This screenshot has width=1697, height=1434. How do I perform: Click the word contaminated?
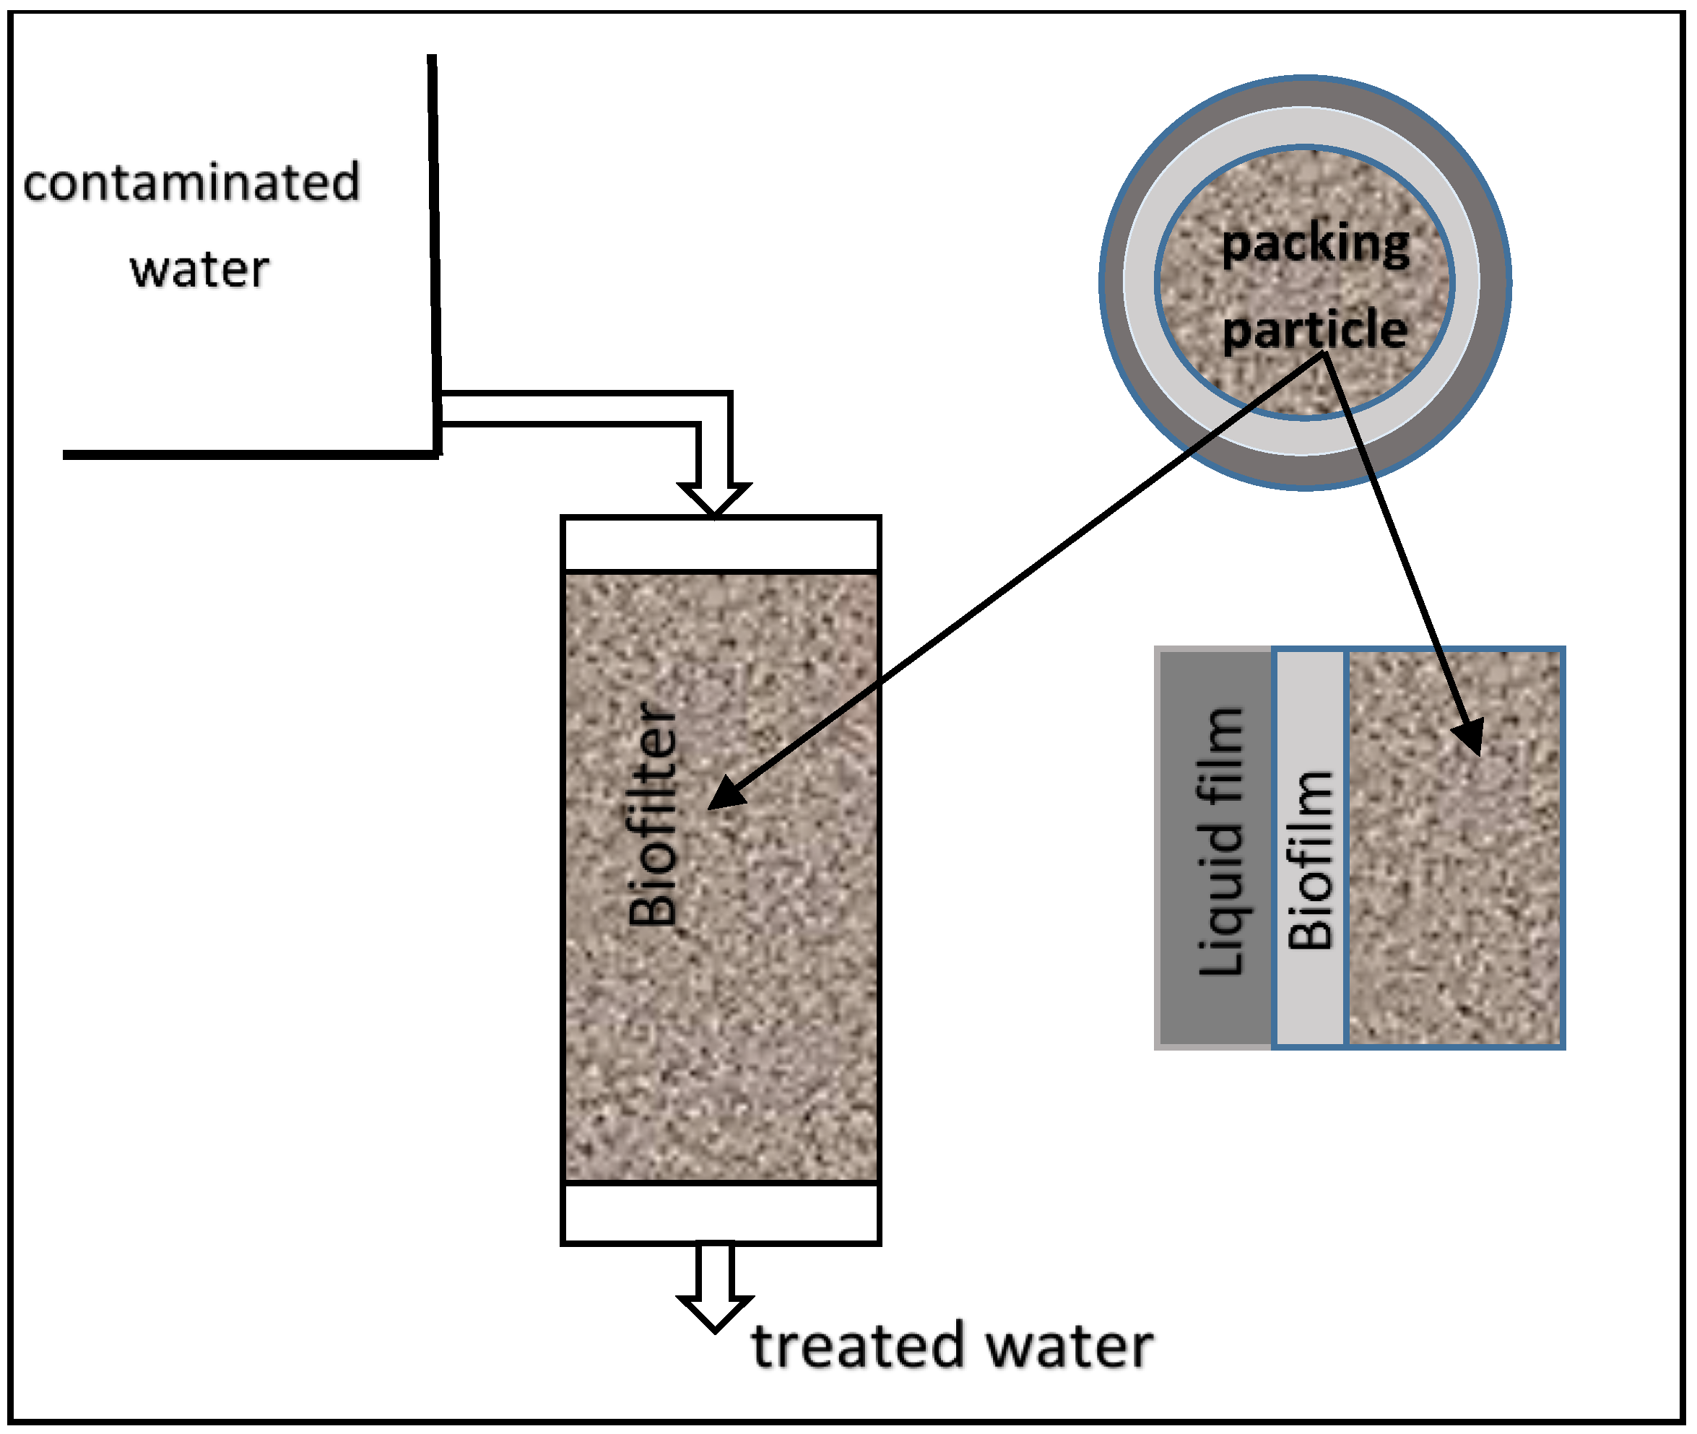tap(191, 182)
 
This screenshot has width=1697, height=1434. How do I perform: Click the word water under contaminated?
tap(199, 269)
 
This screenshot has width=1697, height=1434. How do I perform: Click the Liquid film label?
tap(1220, 841)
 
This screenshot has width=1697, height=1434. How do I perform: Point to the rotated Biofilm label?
tap(1310, 860)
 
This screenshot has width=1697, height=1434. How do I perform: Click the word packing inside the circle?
tap(1315, 243)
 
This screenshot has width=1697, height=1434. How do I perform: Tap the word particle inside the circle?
tap(1315, 329)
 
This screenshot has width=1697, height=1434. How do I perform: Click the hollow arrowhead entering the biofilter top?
tap(714, 497)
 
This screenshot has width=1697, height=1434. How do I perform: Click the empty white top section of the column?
tap(721, 544)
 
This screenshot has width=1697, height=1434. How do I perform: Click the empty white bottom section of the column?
tap(721, 1212)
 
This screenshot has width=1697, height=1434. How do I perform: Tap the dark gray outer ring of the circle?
tap(1305, 93)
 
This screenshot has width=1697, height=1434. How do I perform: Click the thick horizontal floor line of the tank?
tap(244, 454)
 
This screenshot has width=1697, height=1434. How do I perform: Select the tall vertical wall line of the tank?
tap(435, 244)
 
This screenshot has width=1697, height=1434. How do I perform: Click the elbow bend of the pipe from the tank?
tap(714, 409)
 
